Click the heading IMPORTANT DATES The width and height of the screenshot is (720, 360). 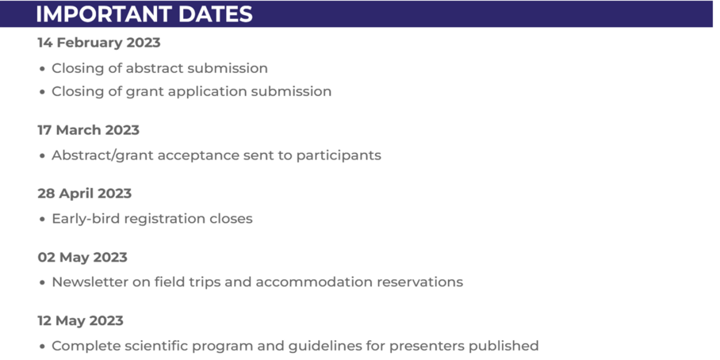click(144, 13)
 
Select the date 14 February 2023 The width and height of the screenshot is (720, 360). click(99, 43)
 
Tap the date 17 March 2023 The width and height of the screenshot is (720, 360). click(88, 130)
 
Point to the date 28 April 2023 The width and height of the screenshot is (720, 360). click(84, 193)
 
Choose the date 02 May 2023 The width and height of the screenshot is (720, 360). click(82, 257)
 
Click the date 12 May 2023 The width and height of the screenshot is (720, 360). click(80, 320)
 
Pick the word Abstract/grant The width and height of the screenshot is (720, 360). click(102, 155)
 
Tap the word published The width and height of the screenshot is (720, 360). click(507, 346)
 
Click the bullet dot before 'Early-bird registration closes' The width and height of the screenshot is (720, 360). click(43, 219)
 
